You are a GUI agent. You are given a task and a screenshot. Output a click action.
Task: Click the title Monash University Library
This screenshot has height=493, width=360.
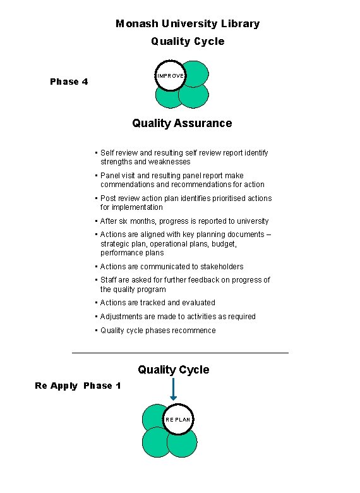(x=188, y=23)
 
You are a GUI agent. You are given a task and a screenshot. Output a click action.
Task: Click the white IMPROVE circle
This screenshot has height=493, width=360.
(x=171, y=75)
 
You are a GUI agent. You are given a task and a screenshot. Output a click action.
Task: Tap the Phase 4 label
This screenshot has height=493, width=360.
(x=69, y=82)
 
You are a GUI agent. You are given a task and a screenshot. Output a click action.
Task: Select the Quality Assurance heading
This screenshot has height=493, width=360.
(x=182, y=123)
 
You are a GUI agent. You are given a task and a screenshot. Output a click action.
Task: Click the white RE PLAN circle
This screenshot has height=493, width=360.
(x=177, y=419)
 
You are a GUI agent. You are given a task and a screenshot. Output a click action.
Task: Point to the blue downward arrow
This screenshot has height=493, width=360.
(x=174, y=389)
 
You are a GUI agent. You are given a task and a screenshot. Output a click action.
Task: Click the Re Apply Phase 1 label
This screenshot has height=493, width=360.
(x=78, y=386)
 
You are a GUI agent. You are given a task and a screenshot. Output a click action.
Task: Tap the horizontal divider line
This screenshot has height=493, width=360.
(x=180, y=352)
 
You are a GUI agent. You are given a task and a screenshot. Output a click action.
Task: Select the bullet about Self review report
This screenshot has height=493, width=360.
(x=183, y=157)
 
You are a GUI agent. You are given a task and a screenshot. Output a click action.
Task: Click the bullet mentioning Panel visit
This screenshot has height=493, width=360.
(x=182, y=180)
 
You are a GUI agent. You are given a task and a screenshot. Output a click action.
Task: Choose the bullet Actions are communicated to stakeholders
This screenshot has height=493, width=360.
(x=172, y=267)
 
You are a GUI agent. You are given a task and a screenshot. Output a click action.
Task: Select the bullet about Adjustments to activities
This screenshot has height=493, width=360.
(x=178, y=317)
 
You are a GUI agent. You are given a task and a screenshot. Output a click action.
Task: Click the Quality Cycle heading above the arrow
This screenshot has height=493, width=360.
(x=174, y=370)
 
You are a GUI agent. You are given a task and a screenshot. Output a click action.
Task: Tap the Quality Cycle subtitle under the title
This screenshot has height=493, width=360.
(x=188, y=42)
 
